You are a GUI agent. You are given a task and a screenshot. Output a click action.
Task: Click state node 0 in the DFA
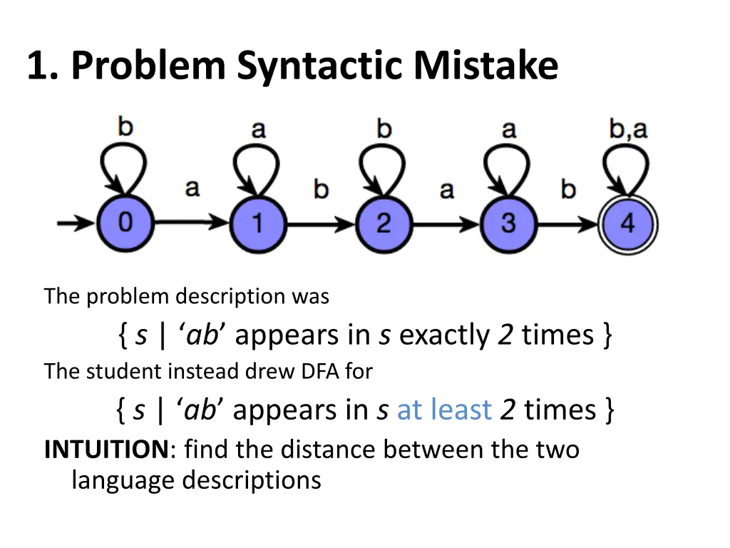[125, 223]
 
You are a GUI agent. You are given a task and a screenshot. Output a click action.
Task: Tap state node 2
[383, 223]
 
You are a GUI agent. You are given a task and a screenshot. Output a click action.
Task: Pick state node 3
[508, 223]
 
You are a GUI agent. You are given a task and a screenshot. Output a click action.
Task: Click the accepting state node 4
[627, 223]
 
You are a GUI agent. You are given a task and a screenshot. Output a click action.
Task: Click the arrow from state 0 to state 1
[191, 223]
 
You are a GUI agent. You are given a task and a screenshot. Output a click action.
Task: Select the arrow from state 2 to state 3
[446, 223]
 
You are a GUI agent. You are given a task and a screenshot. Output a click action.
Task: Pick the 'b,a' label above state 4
[628, 129]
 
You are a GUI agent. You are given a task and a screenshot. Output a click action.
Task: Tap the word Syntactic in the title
[321, 66]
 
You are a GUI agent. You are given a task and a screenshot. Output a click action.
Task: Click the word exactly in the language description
[444, 334]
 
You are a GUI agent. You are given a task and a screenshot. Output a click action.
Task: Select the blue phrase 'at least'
[444, 410]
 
